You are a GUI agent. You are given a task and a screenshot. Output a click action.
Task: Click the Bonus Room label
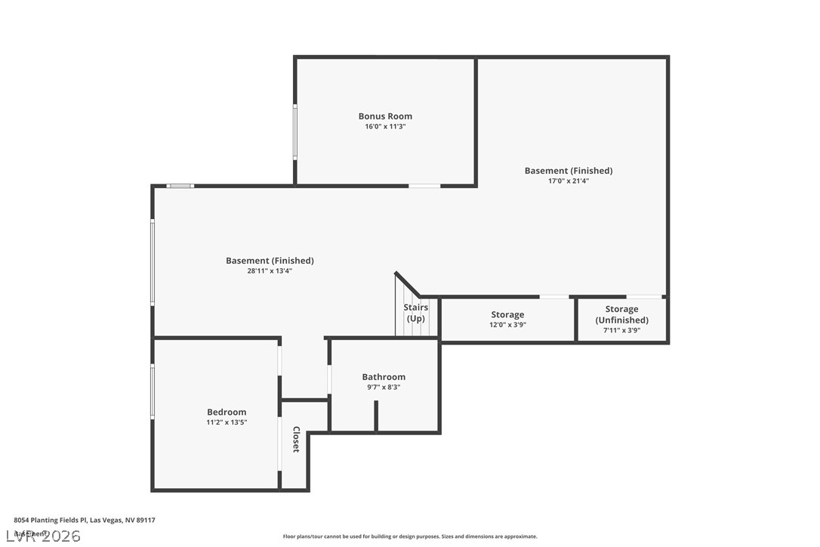(385, 116)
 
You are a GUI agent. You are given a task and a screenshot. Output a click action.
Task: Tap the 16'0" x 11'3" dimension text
(385, 127)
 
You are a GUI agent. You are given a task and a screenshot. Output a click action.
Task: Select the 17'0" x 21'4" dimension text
(568, 181)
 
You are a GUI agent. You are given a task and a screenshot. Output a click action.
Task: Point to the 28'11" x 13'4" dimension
(270, 270)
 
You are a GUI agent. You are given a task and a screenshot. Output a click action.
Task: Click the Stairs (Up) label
(415, 313)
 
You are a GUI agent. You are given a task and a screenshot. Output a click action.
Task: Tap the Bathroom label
(384, 377)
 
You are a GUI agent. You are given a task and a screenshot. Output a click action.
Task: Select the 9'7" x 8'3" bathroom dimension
(384, 388)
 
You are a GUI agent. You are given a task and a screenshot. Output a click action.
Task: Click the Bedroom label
(227, 413)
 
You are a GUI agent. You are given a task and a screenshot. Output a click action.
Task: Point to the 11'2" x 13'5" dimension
(227, 423)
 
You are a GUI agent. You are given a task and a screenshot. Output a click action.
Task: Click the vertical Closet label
(295, 440)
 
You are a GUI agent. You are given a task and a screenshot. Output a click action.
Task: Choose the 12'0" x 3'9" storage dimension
(507, 325)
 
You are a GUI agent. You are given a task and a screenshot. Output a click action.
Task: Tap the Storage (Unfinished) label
(621, 314)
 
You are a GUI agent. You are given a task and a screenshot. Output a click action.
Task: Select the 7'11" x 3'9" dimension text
(621, 330)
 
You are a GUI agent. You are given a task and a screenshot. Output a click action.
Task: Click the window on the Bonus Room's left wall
(295, 131)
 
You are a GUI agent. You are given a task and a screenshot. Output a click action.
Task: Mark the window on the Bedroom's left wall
(153, 391)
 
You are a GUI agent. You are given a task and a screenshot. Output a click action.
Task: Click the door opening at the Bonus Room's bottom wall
(424, 185)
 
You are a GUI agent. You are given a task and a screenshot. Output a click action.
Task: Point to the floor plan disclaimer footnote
(410, 536)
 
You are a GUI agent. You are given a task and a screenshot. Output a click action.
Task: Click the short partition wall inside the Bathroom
(376, 416)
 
